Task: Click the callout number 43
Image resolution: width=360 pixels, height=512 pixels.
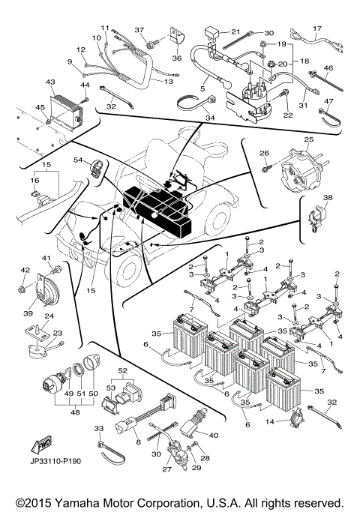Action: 50,82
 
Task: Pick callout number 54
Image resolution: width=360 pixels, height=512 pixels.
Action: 77,160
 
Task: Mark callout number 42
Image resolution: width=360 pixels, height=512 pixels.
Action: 23,270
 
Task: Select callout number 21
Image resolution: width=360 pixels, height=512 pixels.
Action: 235,32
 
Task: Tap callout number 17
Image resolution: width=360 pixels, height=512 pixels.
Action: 316,28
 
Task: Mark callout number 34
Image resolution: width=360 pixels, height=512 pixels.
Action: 209,118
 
